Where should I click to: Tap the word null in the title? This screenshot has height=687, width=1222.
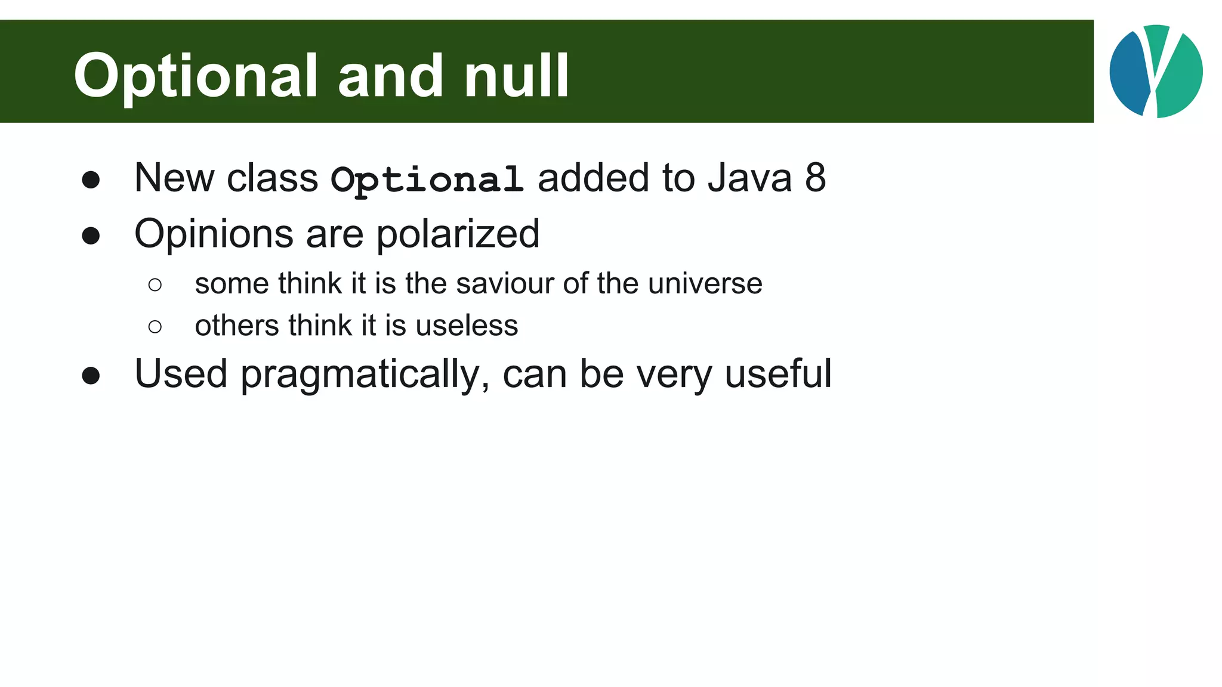coord(516,76)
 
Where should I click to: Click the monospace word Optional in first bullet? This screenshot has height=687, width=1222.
coord(427,179)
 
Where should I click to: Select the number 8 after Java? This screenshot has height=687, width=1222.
coord(815,178)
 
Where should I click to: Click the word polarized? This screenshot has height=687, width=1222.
coord(458,234)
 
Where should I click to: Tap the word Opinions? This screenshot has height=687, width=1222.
coord(214,234)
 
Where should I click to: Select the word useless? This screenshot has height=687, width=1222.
coord(467,326)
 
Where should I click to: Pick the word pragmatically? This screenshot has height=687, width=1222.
coord(365,375)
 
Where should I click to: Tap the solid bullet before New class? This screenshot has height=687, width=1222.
coord(91,180)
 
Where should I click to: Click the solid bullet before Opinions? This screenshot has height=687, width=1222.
coord(91,236)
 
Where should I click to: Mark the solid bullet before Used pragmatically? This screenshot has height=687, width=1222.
coord(91,376)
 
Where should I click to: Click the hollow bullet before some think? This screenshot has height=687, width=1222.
coord(155,285)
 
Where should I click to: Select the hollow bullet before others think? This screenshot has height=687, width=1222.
coord(155,327)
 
